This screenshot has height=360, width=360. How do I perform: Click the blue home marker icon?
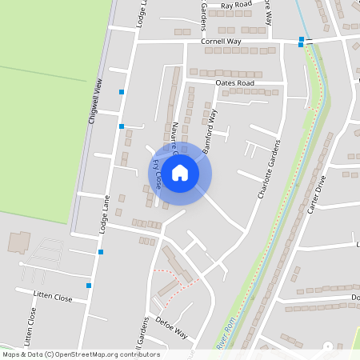(180, 173)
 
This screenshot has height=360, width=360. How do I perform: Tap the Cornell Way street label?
(221, 41)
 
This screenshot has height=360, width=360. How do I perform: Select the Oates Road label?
(234, 82)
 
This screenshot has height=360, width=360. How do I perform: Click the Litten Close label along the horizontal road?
(53, 297)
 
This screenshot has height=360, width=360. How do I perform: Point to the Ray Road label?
(236, 5)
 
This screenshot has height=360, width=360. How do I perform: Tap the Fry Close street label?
(157, 174)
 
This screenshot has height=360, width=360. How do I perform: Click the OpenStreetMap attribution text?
(81, 354)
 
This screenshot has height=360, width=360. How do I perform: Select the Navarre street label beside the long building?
(173, 136)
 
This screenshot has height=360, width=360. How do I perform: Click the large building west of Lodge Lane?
(19, 241)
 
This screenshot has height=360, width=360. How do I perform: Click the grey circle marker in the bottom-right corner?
(328, 345)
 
